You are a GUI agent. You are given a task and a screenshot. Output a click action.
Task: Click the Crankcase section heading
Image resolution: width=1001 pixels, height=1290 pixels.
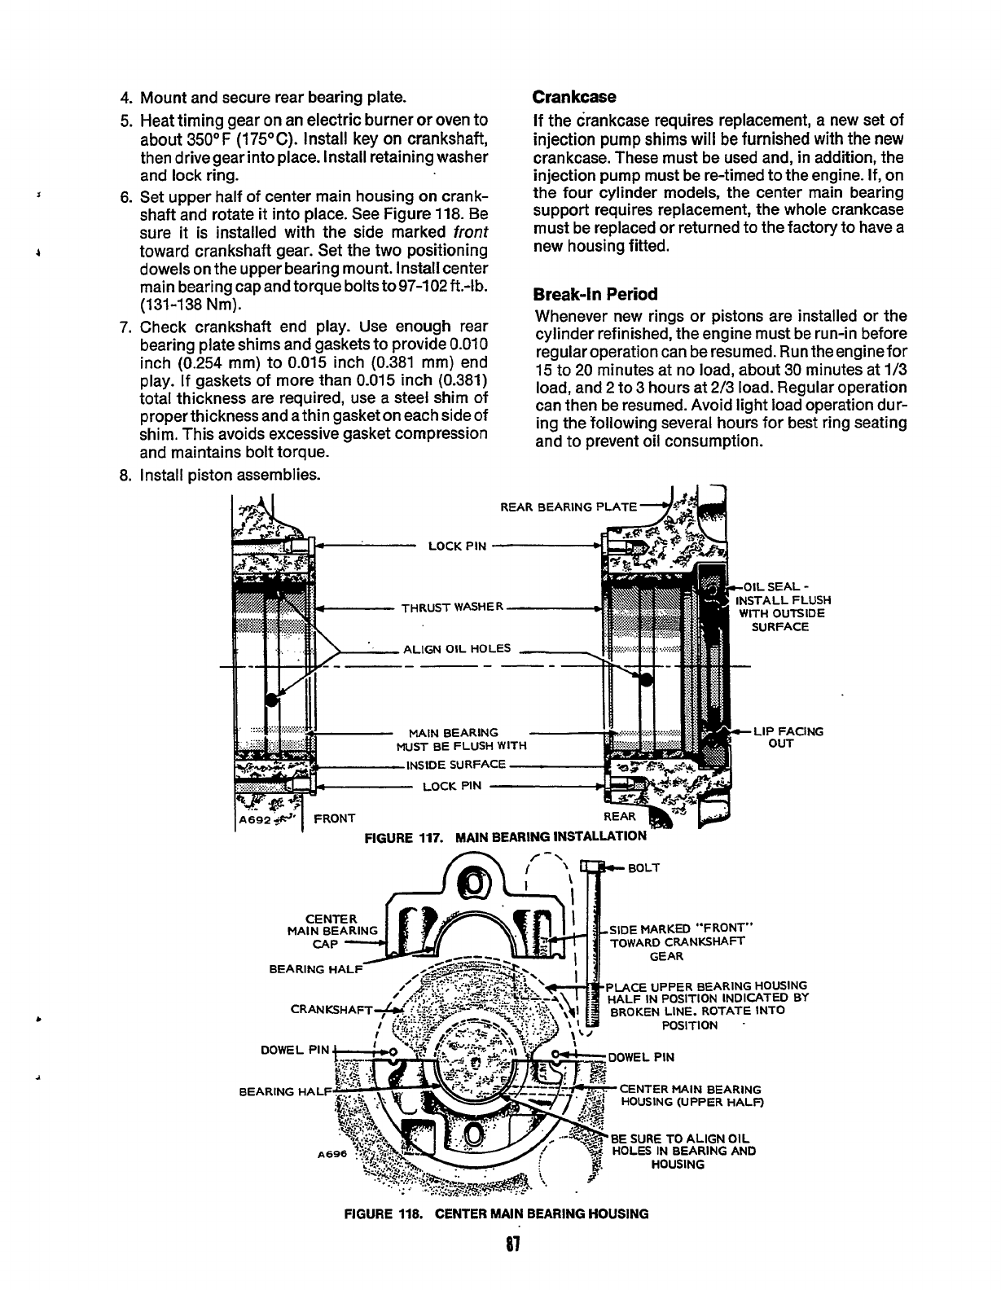[573, 97]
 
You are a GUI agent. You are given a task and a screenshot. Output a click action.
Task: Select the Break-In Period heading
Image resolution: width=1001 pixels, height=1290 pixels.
[595, 294]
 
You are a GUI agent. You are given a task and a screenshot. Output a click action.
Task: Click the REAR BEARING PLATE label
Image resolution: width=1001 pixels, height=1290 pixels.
[569, 507]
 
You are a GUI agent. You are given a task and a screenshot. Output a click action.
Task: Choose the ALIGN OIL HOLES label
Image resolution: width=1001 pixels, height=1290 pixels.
[457, 649]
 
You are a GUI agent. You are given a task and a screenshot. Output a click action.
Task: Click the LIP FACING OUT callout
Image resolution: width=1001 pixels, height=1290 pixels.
[787, 737]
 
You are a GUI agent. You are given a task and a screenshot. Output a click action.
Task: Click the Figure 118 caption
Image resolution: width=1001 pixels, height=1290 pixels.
[497, 1213]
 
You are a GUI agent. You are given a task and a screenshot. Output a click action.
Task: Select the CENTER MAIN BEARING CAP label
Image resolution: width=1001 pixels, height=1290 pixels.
[333, 930]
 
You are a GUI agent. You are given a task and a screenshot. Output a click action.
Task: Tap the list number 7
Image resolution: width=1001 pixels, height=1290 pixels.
[126, 327]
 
